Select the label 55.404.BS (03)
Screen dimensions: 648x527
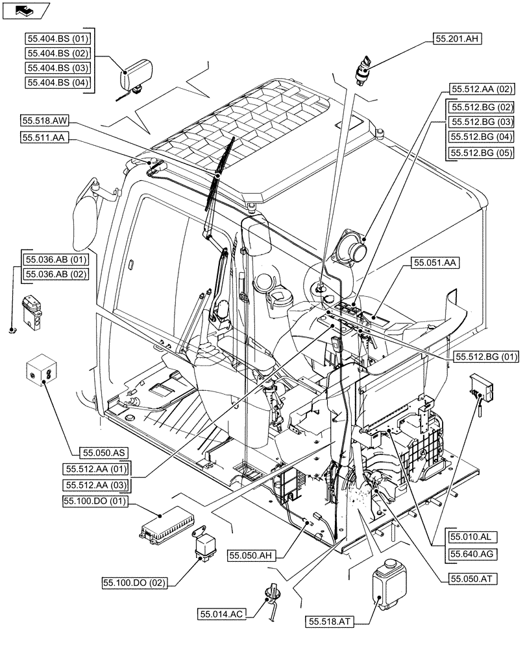click(x=58, y=68)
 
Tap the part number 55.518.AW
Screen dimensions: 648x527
click(x=45, y=121)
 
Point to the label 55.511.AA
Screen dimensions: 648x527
click(x=45, y=137)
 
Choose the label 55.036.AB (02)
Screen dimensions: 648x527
click(x=55, y=275)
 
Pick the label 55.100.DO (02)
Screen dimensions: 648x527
click(x=134, y=583)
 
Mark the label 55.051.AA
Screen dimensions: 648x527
click(x=435, y=262)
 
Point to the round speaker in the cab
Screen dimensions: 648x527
click(x=350, y=248)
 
